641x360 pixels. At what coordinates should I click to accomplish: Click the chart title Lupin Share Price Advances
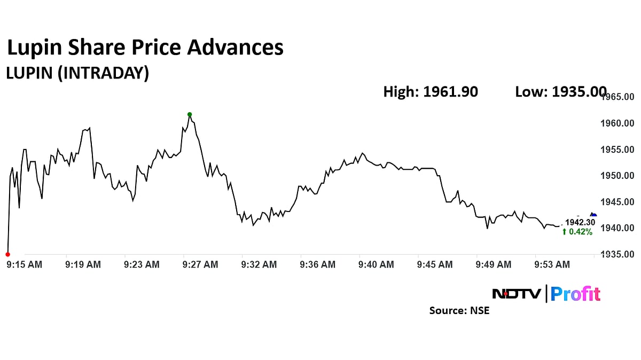point(145,48)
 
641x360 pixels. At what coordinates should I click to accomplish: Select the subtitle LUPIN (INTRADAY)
point(77,73)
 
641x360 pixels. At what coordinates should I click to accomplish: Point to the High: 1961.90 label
point(431,92)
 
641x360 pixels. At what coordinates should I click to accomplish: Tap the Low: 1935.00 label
point(560,92)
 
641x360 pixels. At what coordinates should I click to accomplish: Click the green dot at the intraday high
point(190,114)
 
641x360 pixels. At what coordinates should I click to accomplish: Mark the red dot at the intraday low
point(7,254)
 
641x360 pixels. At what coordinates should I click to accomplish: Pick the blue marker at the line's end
point(593,215)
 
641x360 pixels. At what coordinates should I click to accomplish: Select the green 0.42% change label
point(577,232)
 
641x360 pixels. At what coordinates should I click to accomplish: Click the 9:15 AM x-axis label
point(24,264)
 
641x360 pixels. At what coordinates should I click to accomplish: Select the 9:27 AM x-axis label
point(200,264)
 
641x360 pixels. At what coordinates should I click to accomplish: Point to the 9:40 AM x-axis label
point(376,264)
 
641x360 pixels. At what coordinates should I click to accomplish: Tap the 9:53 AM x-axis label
point(552,264)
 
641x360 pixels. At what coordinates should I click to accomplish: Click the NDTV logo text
point(517,294)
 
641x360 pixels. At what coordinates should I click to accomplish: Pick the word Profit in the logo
point(575,294)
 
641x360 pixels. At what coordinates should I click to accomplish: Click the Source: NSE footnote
point(459,310)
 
